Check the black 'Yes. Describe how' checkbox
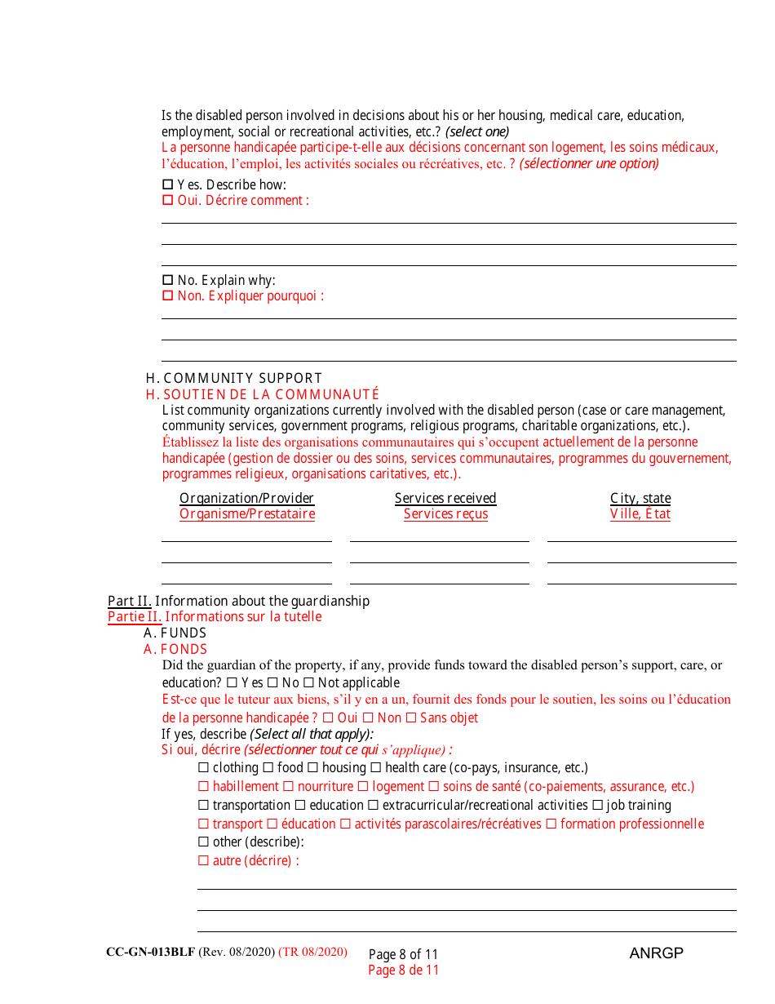[x=168, y=184]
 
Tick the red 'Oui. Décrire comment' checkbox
[x=168, y=201]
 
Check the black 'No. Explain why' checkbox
[x=168, y=280]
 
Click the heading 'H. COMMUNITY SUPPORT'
[x=234, y=378]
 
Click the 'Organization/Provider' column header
[x=246, y=498]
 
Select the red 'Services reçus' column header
[x=445, y=514]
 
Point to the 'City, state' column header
[x=640, y=498]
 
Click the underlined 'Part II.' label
[x=130, y=601]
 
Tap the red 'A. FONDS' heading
[x=175, y=650]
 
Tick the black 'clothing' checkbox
[x=204, y=768]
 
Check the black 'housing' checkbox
[x=312, y=768]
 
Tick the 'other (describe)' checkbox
[x=204, y=842]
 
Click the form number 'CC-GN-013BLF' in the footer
[x=150, y=953]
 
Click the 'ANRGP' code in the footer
[x=657, y=953]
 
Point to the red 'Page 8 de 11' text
[x=403, y=971]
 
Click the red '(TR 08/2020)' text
[x=312, y=953]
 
